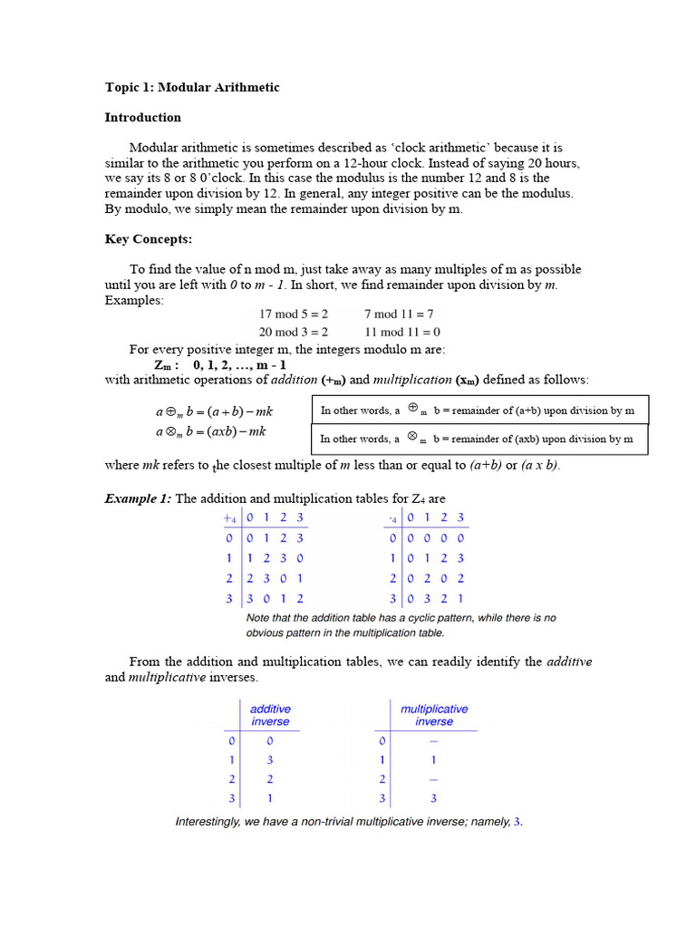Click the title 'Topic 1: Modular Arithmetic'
coord(192,88)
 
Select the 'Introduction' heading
coord(142,118)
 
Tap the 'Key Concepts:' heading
coord(148,239)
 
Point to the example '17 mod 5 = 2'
coord(294,314)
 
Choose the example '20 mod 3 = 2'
coord(294,332)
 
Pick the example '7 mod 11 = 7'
coord(399,314)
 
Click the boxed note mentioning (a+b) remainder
coord(479,411)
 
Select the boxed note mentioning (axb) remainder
coord(479,439)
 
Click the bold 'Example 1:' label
coord(138,499)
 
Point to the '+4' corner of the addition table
coord(229,518)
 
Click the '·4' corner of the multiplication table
coord(392,518)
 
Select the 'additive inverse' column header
coord(270,715)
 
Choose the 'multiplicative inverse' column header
coord(434,715)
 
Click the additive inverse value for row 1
coord(270,760)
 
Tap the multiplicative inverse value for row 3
coord(433,798)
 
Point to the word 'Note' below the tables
coord(259,618)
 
